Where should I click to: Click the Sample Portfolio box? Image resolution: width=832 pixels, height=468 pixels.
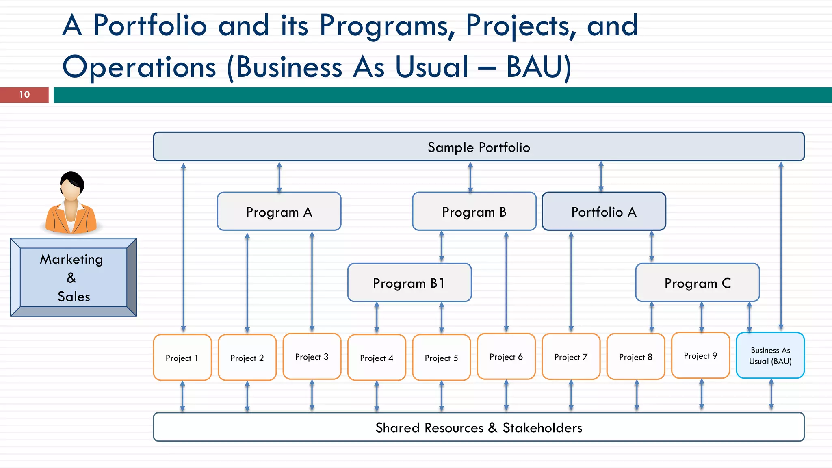[479, 147]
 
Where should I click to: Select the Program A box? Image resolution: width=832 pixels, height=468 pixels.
[279, 212]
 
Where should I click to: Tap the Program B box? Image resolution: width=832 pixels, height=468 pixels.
[474, 212]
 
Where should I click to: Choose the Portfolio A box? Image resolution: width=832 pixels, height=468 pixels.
[604, 212]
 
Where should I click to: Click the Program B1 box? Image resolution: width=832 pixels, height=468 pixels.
[409, 283]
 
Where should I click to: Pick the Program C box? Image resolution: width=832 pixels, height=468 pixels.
[697, 283]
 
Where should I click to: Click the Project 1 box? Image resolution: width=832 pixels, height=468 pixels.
[182, 357]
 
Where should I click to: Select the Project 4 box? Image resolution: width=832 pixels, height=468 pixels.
[377, 357]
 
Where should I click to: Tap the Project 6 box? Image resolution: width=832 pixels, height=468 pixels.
[506, 357]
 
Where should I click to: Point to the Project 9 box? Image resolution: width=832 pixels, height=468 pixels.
[700, 355]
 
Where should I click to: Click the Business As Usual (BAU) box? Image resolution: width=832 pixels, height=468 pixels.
[770, 355]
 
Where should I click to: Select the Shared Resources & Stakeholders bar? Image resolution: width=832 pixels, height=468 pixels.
[479, 427]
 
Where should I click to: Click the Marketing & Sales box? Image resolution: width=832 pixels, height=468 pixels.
[74, 277]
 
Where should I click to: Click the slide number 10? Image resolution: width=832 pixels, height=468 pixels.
[24, 95]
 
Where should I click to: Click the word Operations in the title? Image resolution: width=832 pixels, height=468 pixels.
[139, 67]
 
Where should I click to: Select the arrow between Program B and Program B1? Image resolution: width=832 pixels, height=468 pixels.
[442, 247]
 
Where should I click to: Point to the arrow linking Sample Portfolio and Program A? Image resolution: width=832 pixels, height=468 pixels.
[279, 177]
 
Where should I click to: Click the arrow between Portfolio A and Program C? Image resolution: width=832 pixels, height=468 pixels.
[652, 247]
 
